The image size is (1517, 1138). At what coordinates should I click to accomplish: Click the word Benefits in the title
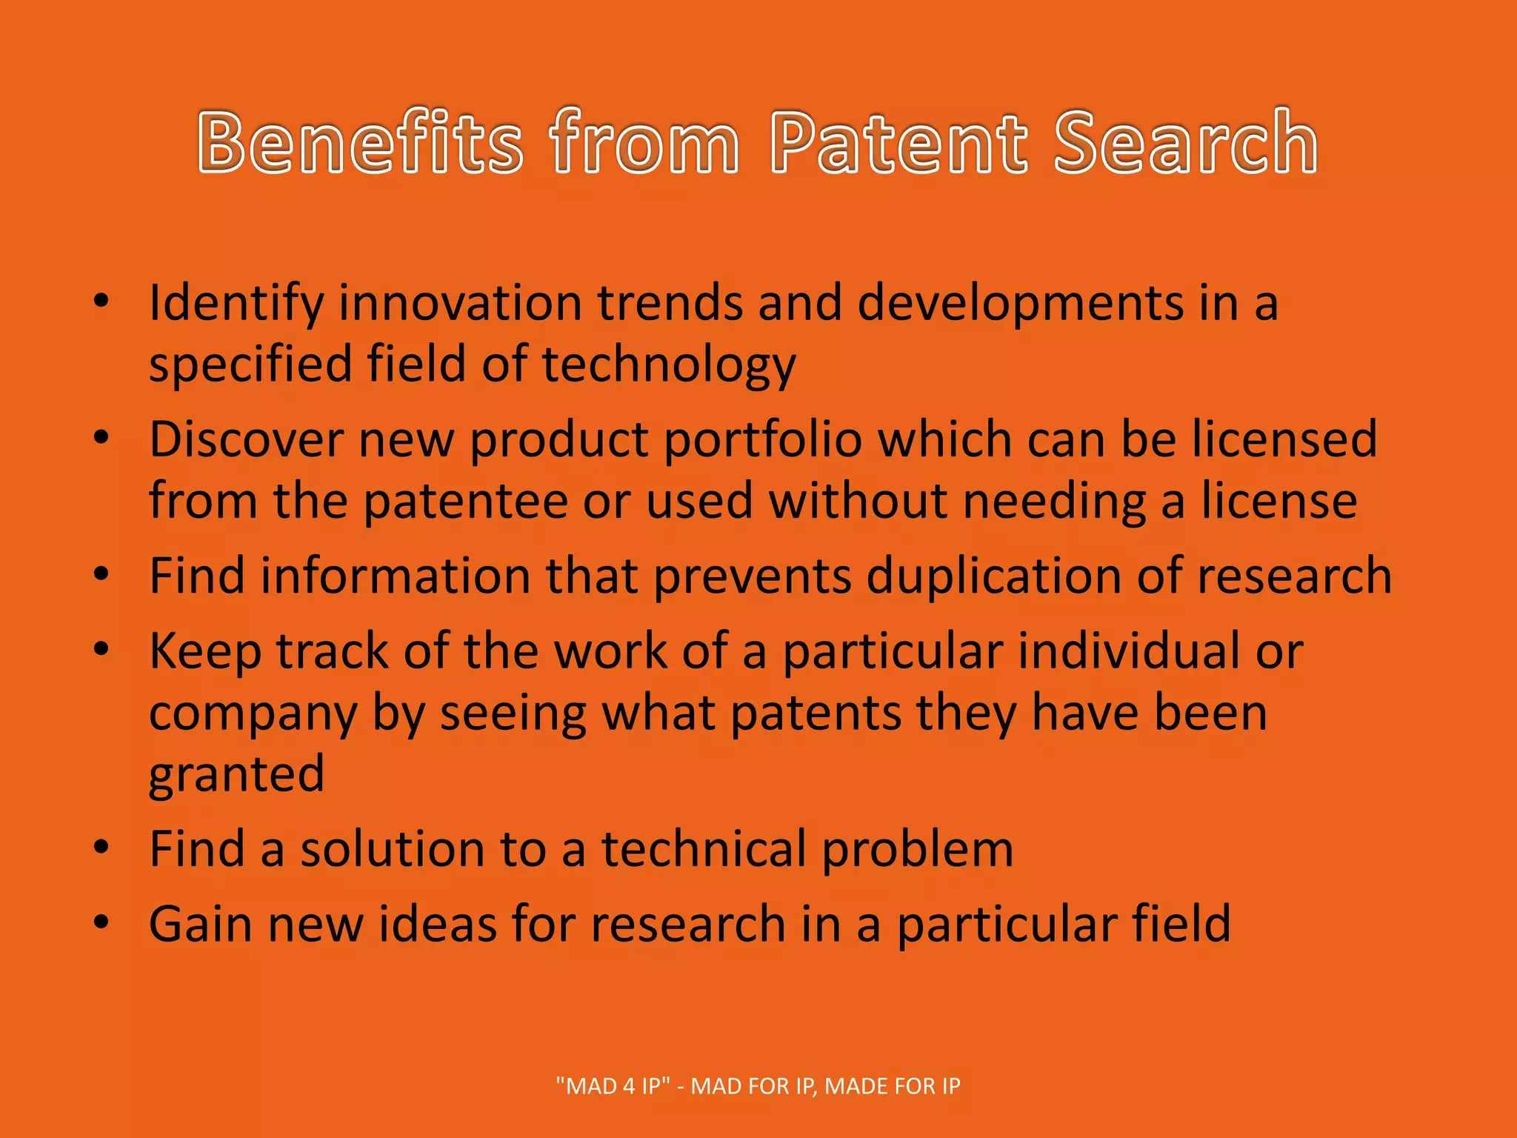[361, 142]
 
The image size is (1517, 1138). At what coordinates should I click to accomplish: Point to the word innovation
[460, 304]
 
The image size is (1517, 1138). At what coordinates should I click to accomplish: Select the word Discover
[246, 439]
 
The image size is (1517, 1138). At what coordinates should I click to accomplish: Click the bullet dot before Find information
[101, 573]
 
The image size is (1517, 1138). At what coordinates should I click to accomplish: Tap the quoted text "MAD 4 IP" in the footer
[613, 1086]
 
